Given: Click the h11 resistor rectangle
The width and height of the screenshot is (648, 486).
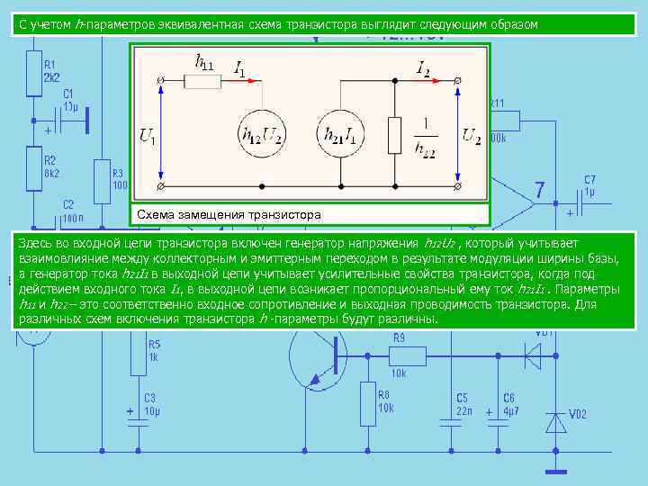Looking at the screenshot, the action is (x=202, y=81).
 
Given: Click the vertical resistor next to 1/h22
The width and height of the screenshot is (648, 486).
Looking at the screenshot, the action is (x=394, y=134).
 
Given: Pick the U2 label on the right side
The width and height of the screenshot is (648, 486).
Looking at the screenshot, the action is (x=471, y=135).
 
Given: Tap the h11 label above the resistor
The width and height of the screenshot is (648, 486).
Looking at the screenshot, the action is (x=204, y=62).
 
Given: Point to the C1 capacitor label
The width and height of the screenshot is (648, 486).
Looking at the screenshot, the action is (x=68, y=99).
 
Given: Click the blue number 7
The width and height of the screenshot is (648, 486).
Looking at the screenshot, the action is (x=539, y=190).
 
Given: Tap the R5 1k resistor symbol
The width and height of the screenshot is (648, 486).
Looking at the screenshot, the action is (x=138, y=355).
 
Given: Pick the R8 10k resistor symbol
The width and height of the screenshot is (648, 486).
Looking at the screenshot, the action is (x=368, y=403).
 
